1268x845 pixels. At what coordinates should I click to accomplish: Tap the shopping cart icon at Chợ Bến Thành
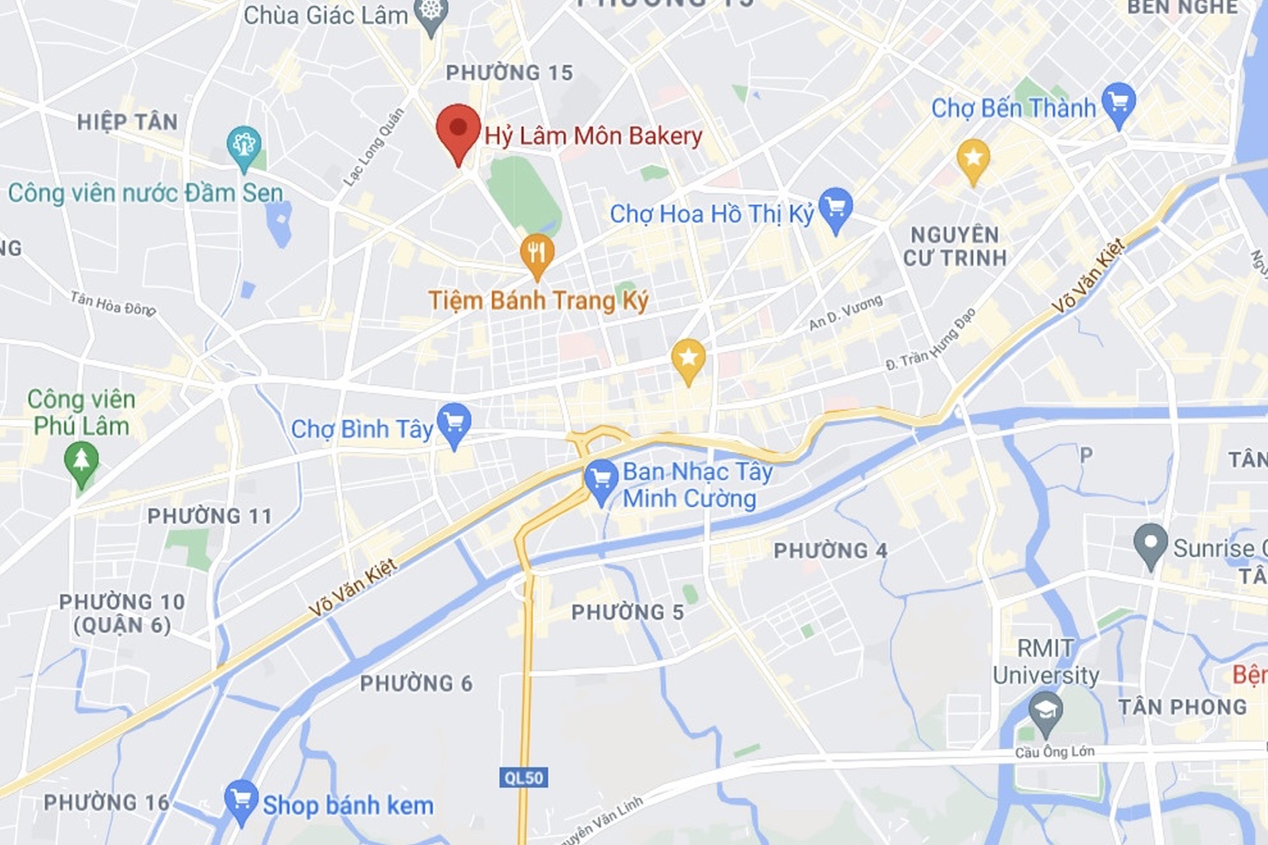coord(1119,102)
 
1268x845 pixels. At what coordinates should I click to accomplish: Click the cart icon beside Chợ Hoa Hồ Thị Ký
coord(836,207)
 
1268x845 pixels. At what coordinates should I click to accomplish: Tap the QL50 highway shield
coord(524,778)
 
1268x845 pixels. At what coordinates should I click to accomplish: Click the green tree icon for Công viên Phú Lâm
coord(81,461)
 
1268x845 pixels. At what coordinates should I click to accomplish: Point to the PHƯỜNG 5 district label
coord(628,613)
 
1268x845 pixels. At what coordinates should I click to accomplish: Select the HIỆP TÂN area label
coord(127,122)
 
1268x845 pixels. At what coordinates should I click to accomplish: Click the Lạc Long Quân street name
coord(373,147)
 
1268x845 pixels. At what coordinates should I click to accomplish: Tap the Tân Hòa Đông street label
coord(113,304)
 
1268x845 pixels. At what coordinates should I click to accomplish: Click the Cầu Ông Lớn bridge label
coord(1055,752)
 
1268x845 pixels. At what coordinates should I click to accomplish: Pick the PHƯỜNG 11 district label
coord(210,516)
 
